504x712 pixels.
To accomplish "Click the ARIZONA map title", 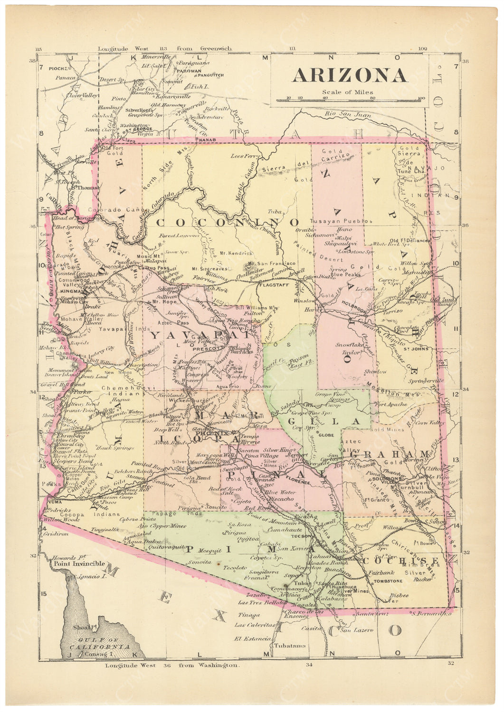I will (x=349, y=75).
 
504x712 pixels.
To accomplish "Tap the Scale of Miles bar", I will (x=349, y=99).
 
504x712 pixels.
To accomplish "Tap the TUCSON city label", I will (x=300, y=536).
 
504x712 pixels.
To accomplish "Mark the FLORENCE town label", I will (x=297, y=482).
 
